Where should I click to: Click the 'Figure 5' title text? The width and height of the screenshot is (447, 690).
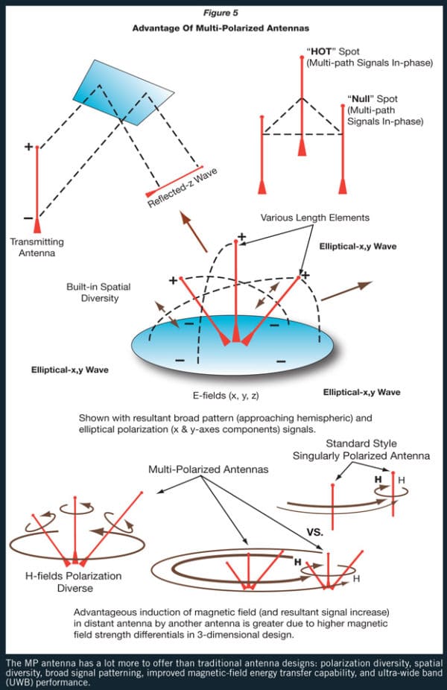(223, 12)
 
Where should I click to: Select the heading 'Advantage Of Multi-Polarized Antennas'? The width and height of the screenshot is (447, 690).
(223, 28)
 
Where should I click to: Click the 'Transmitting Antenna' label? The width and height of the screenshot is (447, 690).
(37, 247)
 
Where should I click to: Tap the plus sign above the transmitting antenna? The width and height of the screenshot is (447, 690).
(29, 147)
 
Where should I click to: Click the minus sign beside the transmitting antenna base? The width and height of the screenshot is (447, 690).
(28, 218)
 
